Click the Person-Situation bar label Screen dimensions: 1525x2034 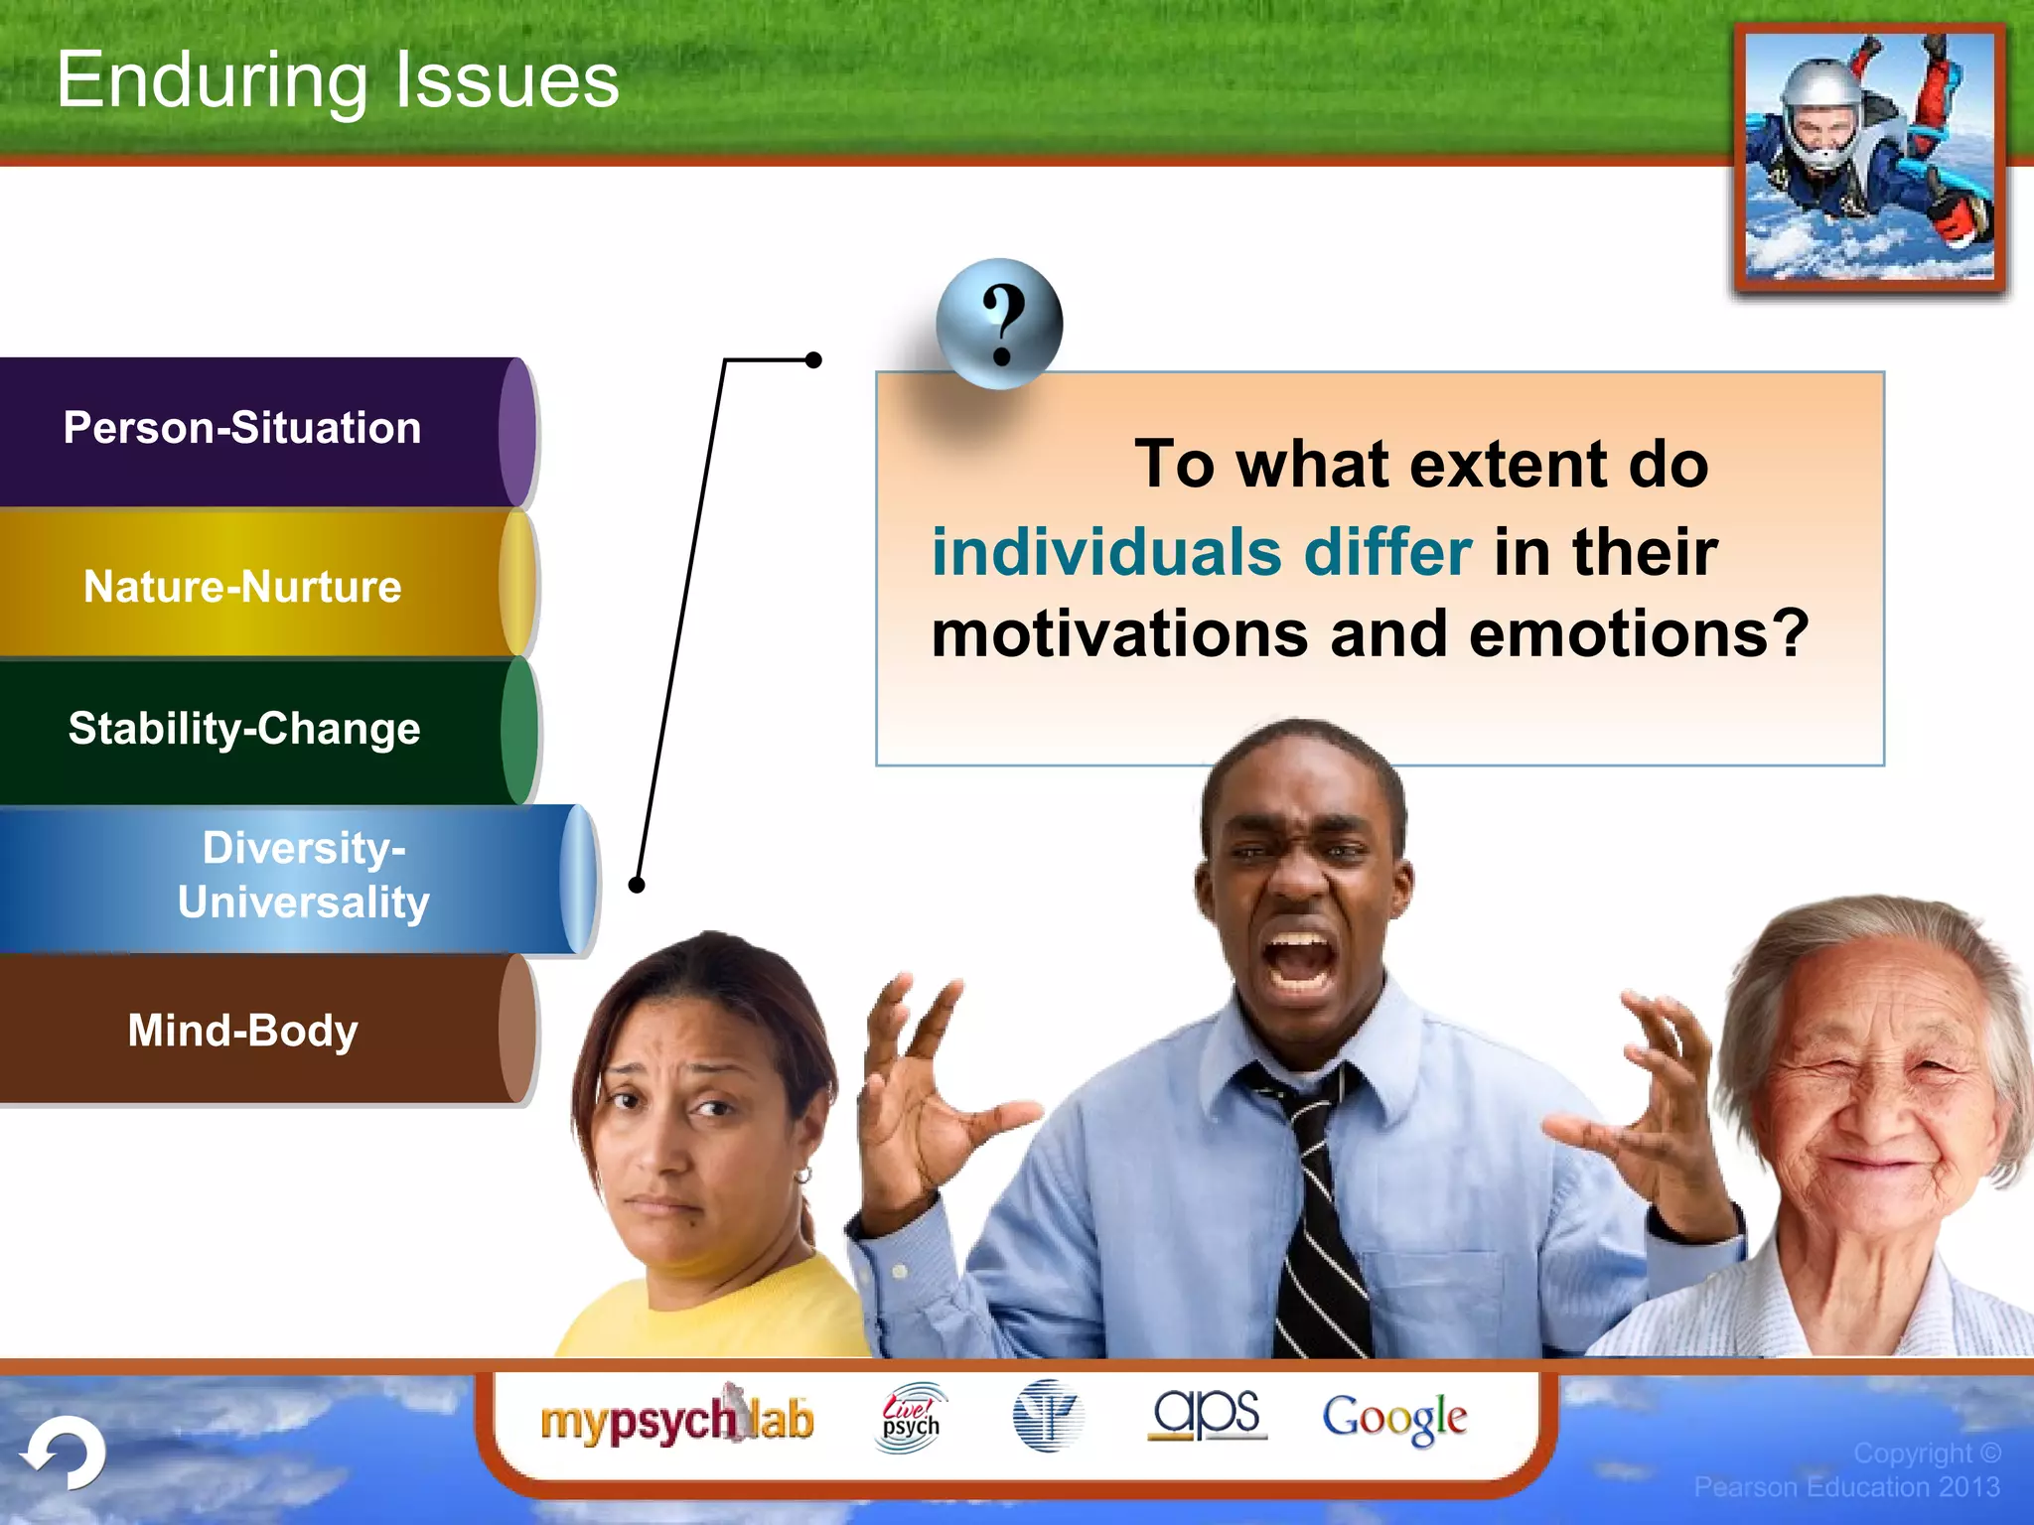coord(242,428)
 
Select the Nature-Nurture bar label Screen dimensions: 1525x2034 coord(242,587)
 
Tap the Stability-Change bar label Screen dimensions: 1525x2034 coord(244,729)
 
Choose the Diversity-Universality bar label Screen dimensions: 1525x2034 coord(303,875)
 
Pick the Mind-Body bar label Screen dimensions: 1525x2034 coord(242,1031)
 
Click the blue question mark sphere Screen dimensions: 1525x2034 coord(999,324)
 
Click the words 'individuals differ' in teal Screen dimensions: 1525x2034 coord(1201,552)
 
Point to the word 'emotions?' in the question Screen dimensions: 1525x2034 coord(1638,634)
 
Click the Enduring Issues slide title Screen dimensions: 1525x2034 coord(338,80)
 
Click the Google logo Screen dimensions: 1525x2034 coord(1393,1418)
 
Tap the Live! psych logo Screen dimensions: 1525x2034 coord(911,1418)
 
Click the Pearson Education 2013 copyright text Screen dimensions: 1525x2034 coord(1846,1486)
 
